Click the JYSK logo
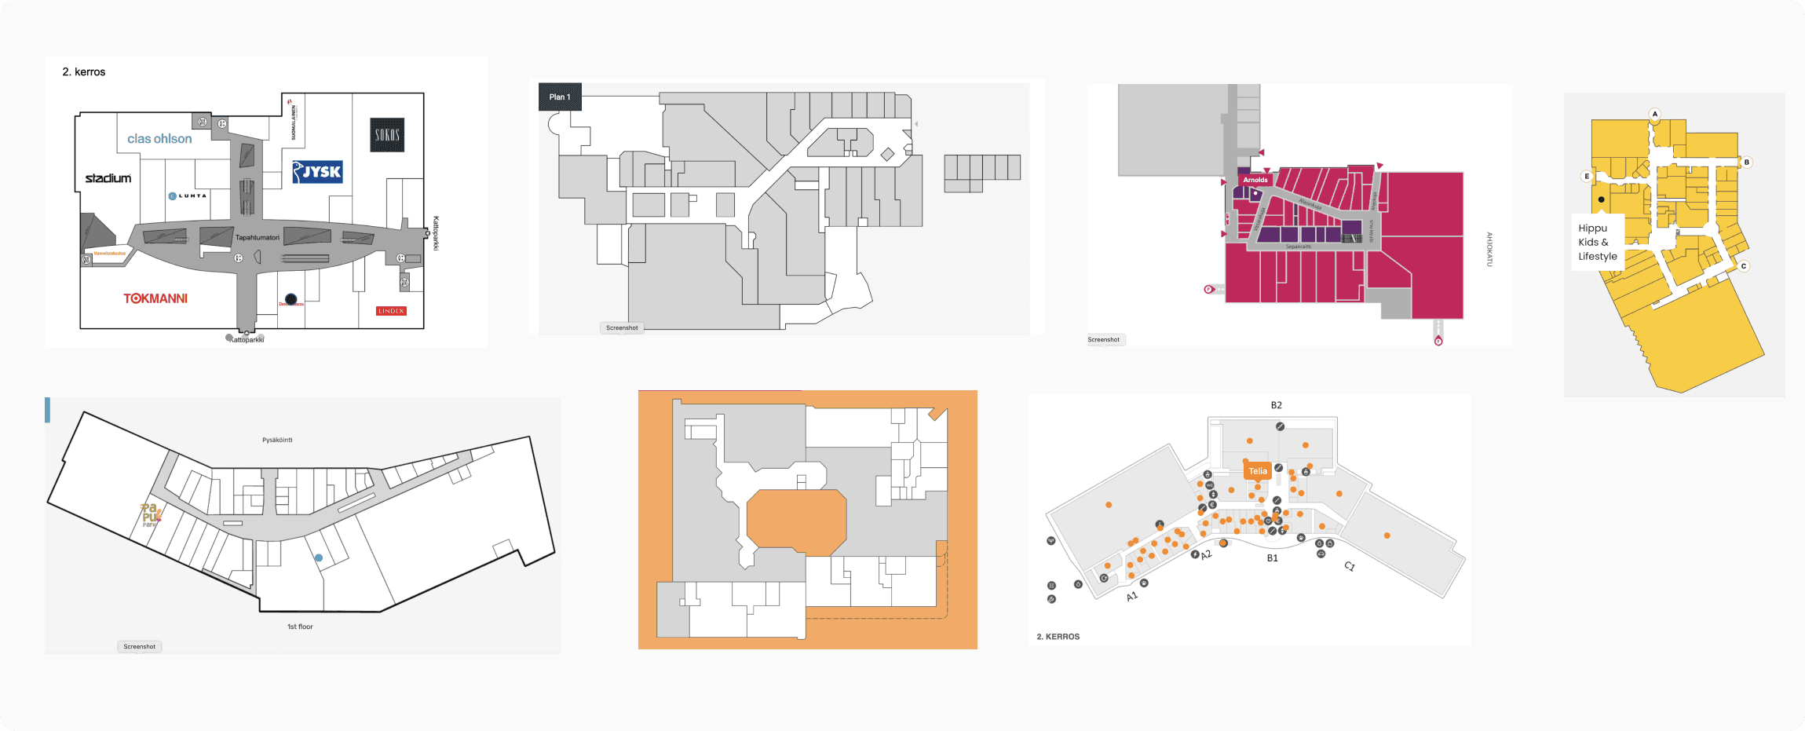click(x=317, y=172)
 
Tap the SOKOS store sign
click(x=387, y=135)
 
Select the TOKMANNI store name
click(x=155, y=298)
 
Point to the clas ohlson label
click(x=159, y=139)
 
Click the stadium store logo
click(x=108, y=178)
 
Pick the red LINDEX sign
click(x=391, y=311)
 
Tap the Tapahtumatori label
click(x=258, y=237)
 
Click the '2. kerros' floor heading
click(x=84, y=71)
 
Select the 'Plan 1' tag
click(x=560, y=97)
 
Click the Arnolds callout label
click(x=1255, y=180)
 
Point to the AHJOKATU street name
click(x=1489, y=249)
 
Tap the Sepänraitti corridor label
click(x=1298, y=247)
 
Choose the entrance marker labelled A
click(x=1655, y=114)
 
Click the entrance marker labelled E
click(x=1587, y=176)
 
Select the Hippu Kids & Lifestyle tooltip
click(x=1598, y=242)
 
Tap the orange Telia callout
click(x=1258, y=471)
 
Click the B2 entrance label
click(x=1277, y=405)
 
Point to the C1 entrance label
click(x=1350, y=566)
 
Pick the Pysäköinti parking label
click(x=277, y=440)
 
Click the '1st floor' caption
click(x=300, y=627)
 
